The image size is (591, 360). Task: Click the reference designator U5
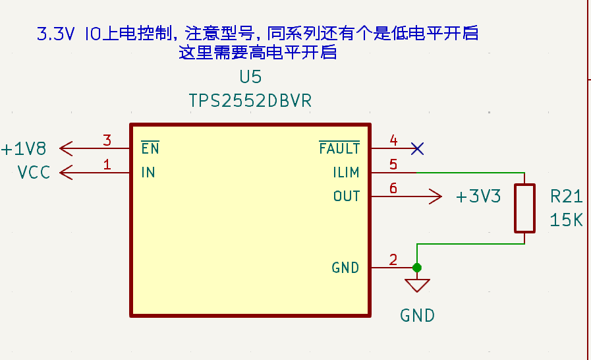tap(250, 77)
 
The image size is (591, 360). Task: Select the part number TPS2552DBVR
tap(250, 101)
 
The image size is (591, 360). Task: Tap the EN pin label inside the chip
tap(150, 148)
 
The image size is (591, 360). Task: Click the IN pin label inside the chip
tap(148, 173)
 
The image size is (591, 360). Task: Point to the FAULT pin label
tap(339, 148)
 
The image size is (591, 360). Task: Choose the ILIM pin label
tap(346, 173)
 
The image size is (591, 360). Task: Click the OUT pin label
tap(347, 196)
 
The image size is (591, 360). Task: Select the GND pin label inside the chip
tap(345, 268)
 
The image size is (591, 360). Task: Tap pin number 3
tap(107, 140)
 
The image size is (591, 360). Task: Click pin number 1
tap(107, 164)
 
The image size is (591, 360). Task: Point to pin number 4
tap(393, 140)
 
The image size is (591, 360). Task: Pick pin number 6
tap(393, 188)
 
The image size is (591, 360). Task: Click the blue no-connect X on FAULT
tap(416, 148)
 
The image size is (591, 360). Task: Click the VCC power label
tap(34, 173)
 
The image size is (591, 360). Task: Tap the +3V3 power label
tap(478, 196)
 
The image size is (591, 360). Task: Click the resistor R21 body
tap(524, 208)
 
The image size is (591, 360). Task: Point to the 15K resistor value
tap(566, 220)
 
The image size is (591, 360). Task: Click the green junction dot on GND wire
tap(416, 268)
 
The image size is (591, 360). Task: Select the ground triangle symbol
tap(416, 285)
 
